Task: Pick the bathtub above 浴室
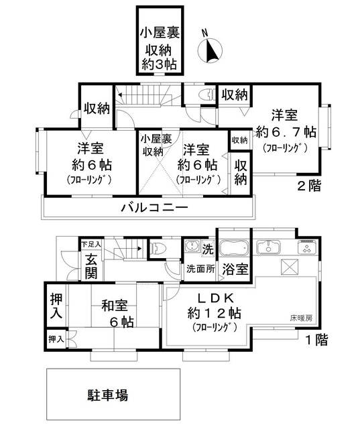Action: click(x=233, y=247)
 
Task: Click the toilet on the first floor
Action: click(x=157, y=248)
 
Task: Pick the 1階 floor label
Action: click(x=314, y=340)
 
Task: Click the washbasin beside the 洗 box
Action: click(x=192, y=248)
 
